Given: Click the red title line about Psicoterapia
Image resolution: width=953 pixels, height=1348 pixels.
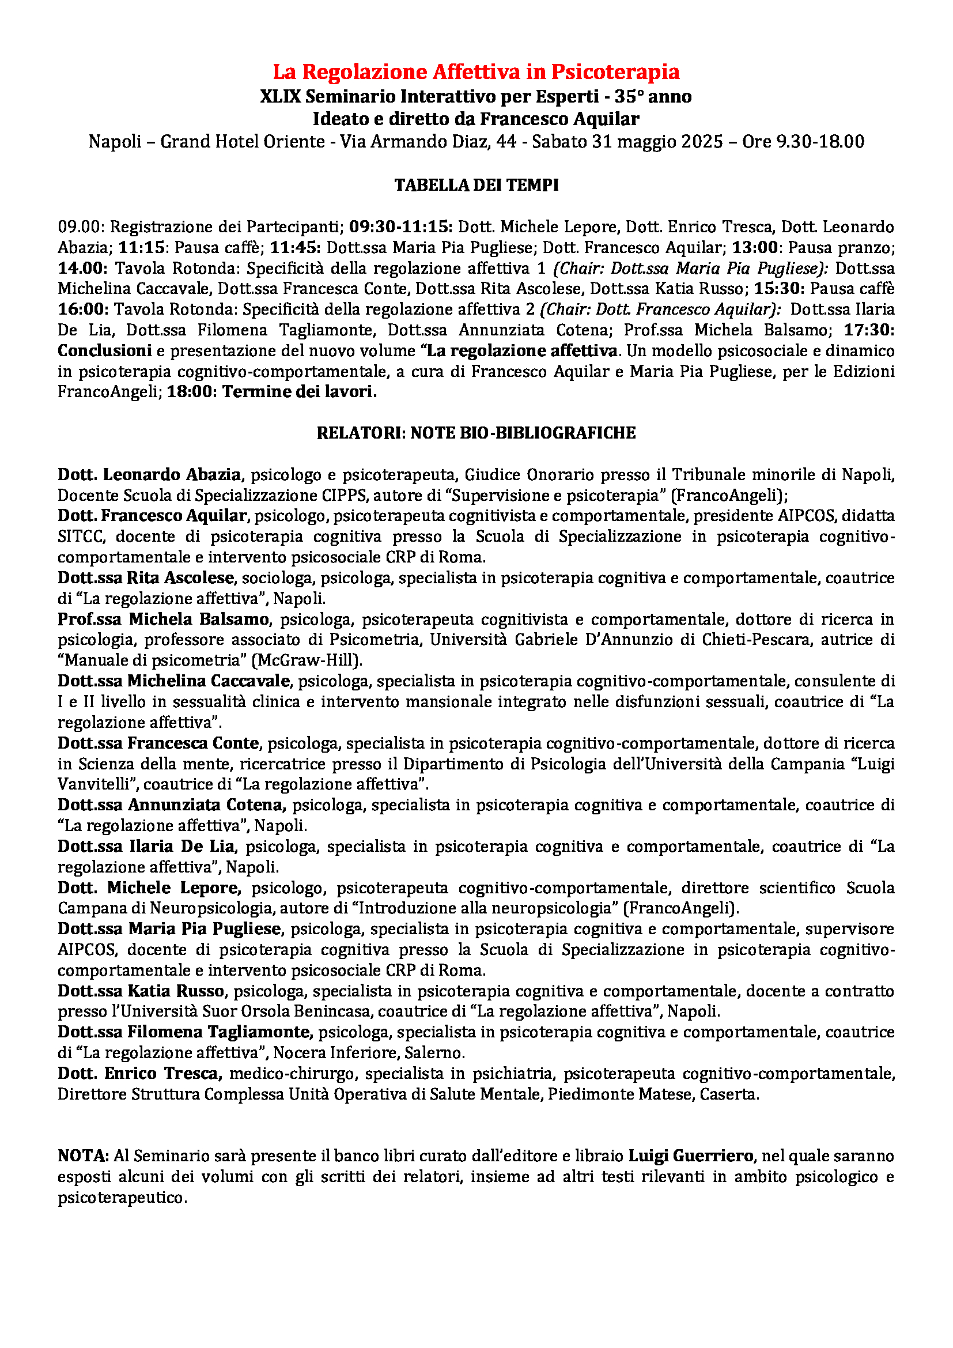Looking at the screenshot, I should (x=476, y=71).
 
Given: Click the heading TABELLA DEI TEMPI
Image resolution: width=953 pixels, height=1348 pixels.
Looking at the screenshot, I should (x=476, y=185).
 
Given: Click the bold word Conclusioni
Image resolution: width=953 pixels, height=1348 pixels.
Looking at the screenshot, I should (x=104, y=350).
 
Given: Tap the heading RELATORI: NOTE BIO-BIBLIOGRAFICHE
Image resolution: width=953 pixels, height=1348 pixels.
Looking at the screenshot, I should (x=476, y=433).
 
